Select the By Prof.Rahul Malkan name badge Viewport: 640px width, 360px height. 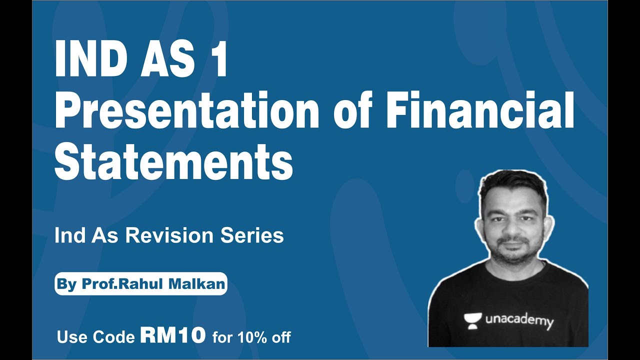[x=140, y=284]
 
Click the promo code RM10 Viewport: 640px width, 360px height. [x=173, y=335]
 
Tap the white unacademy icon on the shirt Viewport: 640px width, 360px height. [x=472, y=319]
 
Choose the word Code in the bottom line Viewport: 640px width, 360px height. [x=115, y=337]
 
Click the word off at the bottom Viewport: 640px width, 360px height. [x=281, y=337]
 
